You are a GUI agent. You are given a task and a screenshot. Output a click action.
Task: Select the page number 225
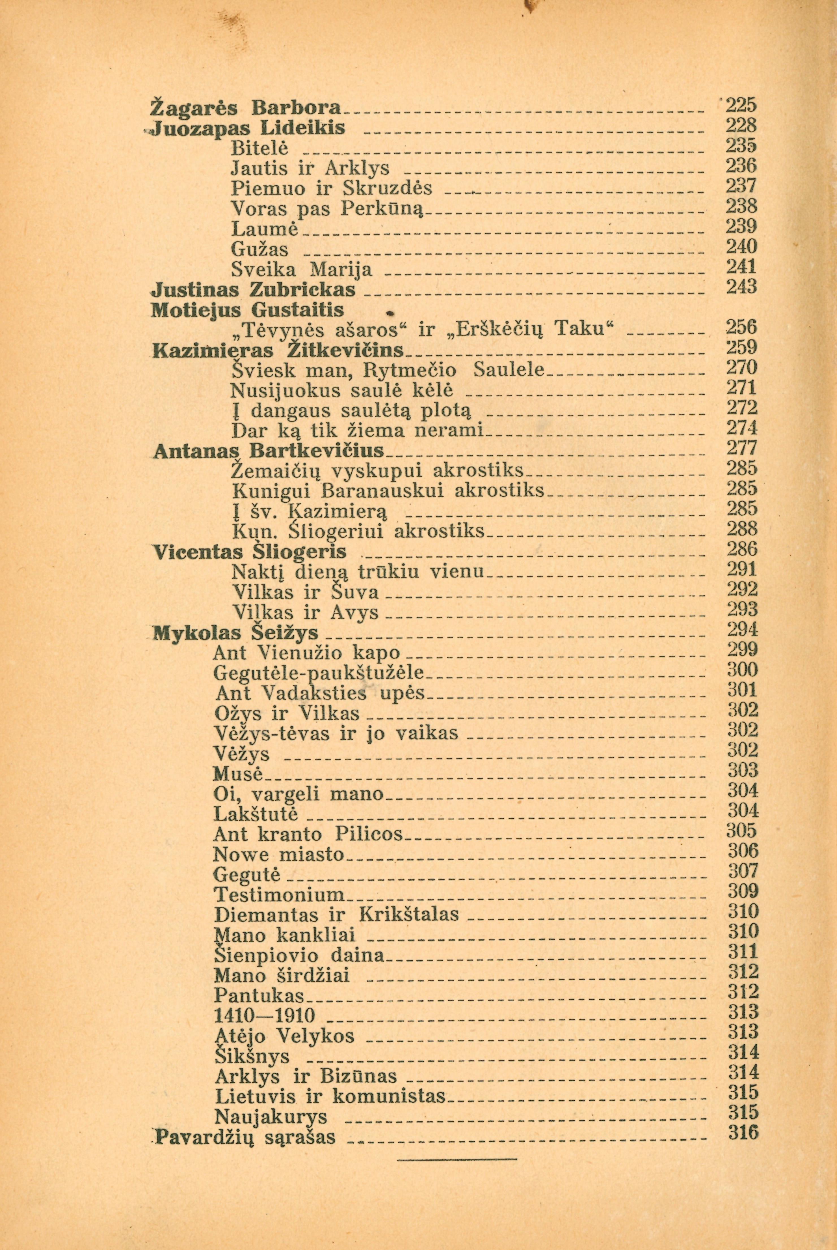(x=742, y=105)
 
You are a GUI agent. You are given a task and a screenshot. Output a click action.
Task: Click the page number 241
(x=742, y=266)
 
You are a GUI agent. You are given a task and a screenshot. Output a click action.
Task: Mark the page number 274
(x=742, y=429)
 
